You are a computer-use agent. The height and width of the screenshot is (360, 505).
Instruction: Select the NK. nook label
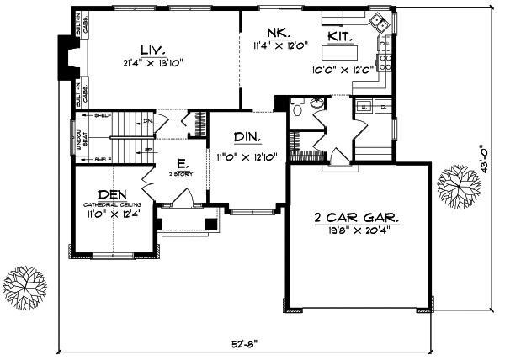tap(279, 33)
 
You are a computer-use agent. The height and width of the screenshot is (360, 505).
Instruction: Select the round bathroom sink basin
tap(316, 104)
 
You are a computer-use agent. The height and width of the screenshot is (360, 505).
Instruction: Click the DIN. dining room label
tap(247, 137)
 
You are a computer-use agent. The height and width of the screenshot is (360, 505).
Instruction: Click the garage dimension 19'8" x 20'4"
tap(358, 233)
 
